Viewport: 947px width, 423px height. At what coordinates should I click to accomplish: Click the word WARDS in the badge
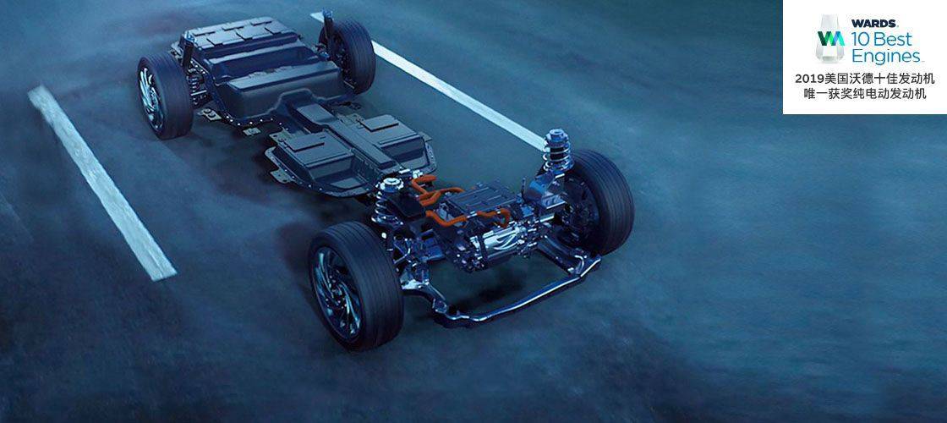click(x=874, y=24)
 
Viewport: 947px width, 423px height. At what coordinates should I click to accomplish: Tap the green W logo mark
click(x=830, y=38)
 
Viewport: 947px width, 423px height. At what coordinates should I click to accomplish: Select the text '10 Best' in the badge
click(x=881, y=40)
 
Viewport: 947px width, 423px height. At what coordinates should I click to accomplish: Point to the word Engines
click(x=886, y=57)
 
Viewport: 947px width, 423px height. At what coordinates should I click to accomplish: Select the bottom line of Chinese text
click(x=865, y=94)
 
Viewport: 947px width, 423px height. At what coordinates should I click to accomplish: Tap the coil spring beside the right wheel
click(x=557, y=151)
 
